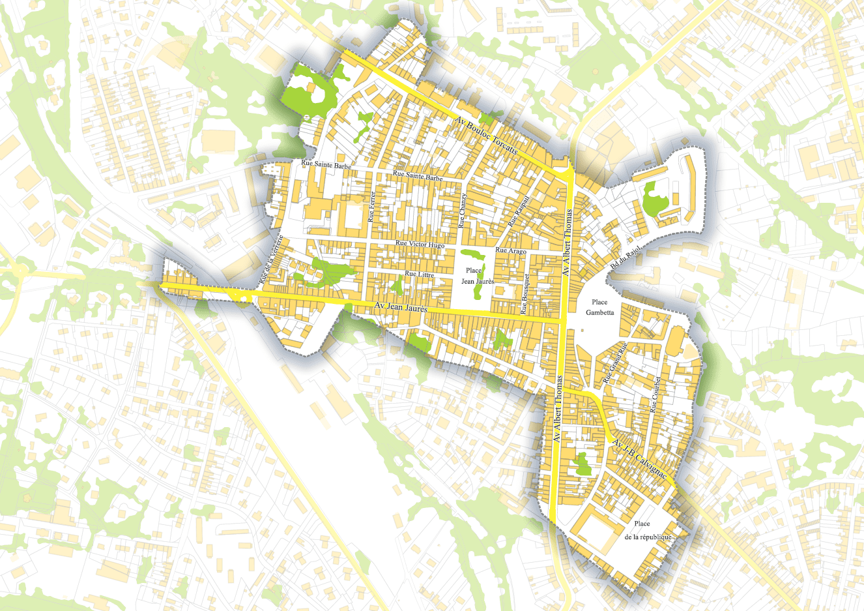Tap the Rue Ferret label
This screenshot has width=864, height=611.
(371, 207)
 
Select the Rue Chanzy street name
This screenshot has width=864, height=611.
(463, 210)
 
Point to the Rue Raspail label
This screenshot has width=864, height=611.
(520, 212)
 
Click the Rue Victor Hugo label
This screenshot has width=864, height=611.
(420, 245)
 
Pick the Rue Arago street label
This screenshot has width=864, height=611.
(511, 250)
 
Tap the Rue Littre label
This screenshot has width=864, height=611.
(419, 274)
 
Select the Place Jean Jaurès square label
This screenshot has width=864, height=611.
(478, 276)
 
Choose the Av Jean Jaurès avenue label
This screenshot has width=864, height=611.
(401, 307)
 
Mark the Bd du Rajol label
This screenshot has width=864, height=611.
(626, 259)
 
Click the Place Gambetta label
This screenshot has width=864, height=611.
(599, 307)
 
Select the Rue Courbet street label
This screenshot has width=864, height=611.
(655, 395)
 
